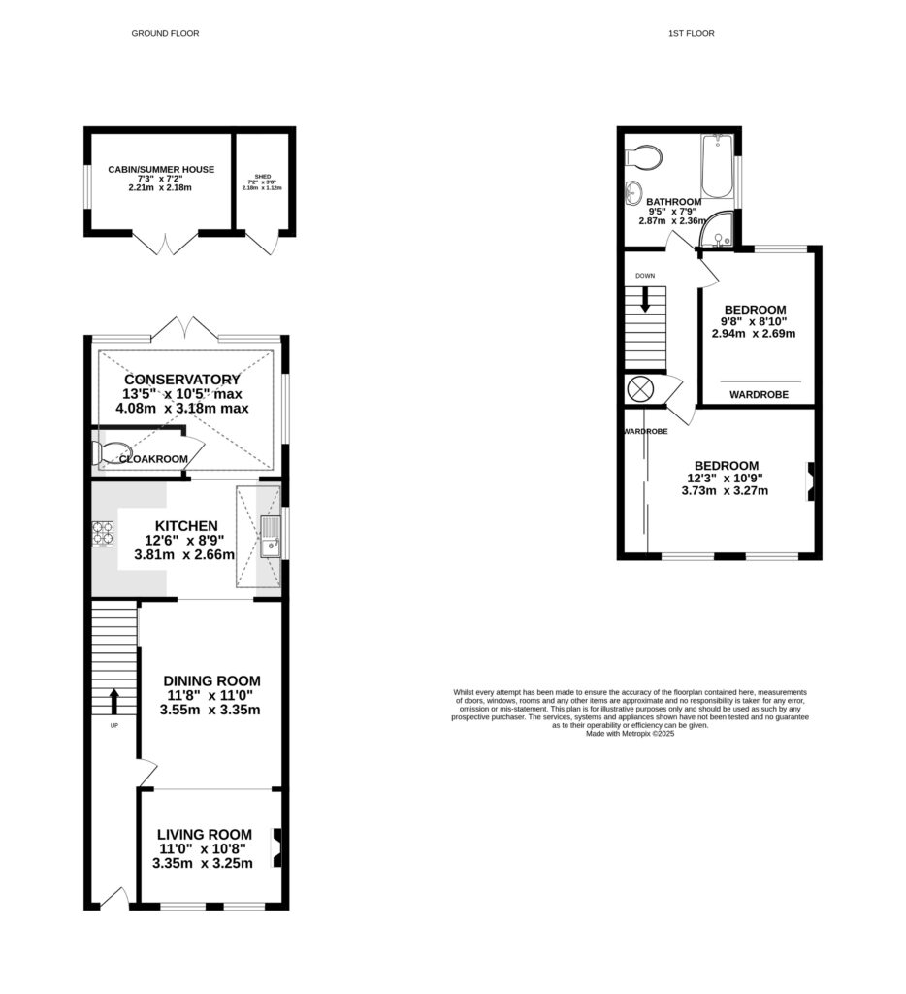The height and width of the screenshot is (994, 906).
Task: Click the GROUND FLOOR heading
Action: (165, 34)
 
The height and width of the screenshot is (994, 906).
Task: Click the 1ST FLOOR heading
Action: (691, 34)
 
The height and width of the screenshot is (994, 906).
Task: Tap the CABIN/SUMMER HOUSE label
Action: (160, 170)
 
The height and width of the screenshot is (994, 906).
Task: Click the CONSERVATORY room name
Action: (182, 379)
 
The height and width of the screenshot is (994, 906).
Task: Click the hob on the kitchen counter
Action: (102, 532)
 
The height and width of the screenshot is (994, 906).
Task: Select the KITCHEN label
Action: (184, 525)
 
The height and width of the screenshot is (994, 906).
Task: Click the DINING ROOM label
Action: (210, 680)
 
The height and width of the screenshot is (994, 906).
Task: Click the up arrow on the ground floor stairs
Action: (113, 699)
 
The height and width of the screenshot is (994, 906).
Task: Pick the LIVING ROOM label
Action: (206, 834)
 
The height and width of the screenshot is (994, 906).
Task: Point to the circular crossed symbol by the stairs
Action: (641, 389)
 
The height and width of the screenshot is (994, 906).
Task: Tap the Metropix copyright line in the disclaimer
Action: (630, 734)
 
